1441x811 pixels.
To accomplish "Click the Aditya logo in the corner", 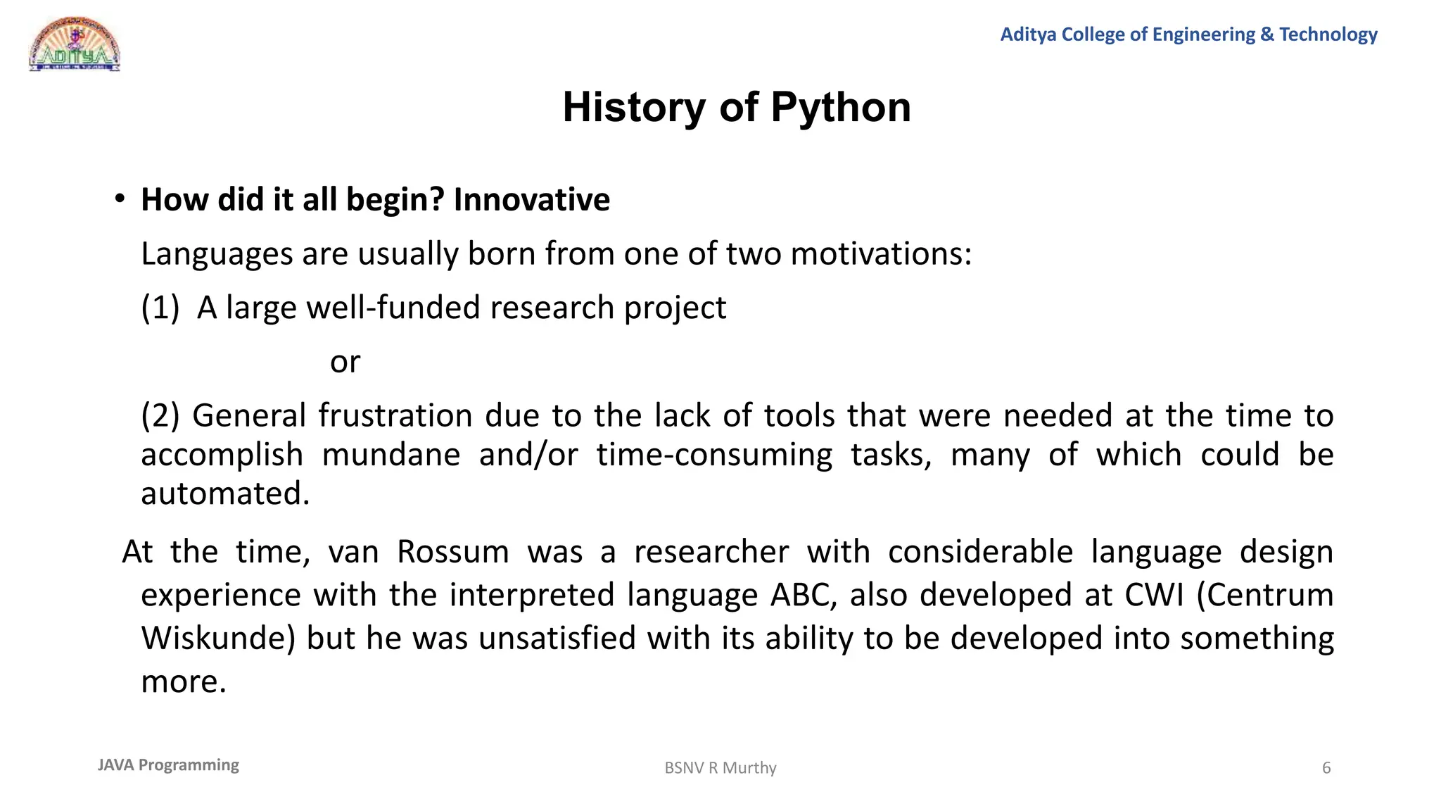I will pyautogui.click(x=75, y=45).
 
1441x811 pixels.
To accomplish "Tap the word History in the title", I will pyautogui.click(x=633, y=108).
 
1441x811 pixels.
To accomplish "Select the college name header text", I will pyautogui.click(x=1188, y=34).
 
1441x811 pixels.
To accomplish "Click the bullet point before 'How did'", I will pyautogui.click(x=120, y=199).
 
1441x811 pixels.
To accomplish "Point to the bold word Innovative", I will pyautogui.click(x=531, y=200).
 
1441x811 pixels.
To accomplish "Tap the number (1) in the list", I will pyautogui.click(x=160, y=308).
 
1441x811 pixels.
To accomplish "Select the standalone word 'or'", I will pyautogui.click(x=345, y=362).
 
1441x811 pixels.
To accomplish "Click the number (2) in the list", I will pyautogui.click(x=160, y=415).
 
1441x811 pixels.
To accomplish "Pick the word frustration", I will pyautogui.click(x=395, y=415).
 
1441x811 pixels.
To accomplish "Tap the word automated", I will pyautogui.click(x=224, y=493).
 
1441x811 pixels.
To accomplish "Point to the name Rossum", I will pyautogui.click(x=452, y=551).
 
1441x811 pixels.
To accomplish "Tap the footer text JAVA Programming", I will pyautogui.click(x=168, y=765).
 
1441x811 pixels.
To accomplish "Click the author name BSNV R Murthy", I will pyautogui.click(x=720, y=768).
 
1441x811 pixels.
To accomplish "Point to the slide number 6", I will pyautogui.click(x=1326, y=768).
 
